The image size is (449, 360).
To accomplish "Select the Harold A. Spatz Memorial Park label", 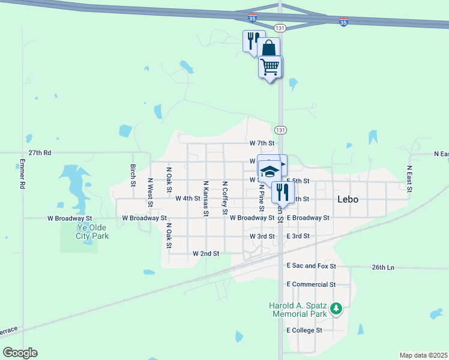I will click(x=299, y=310).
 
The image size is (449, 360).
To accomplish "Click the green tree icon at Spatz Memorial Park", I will click(x=337, y=309).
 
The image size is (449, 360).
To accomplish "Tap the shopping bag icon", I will click(x=269, y=48).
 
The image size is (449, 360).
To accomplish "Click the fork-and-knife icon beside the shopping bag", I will click(x=252, y=40).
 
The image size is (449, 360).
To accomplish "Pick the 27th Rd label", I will click(x=39, y=153).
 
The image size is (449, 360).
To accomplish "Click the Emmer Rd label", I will click(x=22, y=174).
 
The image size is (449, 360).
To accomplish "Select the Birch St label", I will click(x=133, y=175).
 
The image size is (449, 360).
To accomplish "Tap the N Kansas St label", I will click(x=206, y=198).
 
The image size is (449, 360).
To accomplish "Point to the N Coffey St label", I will click(x=225, y=198).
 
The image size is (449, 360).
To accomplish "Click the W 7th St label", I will click(x=262, y=143).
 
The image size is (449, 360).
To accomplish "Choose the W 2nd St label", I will click(x=206, y=254).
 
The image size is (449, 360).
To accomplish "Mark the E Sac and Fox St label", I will click(x=311, y=266).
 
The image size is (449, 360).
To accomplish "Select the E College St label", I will click(x=304, y=330).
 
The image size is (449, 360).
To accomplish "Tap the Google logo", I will click(x=20, y=353).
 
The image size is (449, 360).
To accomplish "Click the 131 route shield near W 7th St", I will click(x=280, y=130).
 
